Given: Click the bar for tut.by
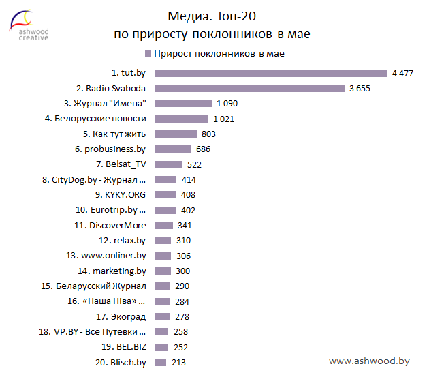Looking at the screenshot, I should [271, 73].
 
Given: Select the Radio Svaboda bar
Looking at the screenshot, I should [250, 88].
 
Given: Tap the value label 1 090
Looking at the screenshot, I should [227, 104].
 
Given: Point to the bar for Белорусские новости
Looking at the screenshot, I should [182, 119].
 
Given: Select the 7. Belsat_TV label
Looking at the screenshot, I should [121, 164].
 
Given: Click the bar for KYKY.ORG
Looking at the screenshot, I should [165, 195].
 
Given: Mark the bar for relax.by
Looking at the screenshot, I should [163, 241].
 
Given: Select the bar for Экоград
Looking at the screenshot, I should [162, 316].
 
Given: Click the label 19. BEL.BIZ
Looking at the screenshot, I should [122, 347].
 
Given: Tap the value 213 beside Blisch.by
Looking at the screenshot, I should [178, 363].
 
